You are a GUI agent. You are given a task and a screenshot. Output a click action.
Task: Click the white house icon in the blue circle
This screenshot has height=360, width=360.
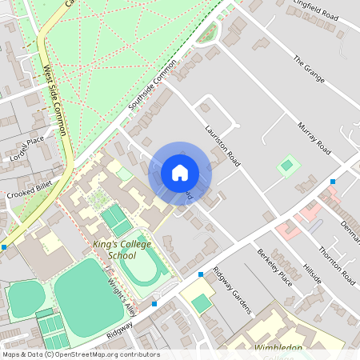180,173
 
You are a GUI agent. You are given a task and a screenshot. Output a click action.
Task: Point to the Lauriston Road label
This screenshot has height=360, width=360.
222,145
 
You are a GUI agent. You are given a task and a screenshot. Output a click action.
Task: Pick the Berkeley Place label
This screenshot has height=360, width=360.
274,266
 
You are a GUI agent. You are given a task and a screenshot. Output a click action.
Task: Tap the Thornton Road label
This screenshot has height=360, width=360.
337,266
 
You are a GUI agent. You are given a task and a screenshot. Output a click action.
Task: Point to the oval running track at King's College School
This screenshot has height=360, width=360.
144,269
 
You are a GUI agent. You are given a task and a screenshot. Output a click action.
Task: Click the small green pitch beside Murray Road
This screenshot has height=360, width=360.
286,166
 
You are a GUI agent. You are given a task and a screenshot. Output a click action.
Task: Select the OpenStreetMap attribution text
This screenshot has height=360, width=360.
80,354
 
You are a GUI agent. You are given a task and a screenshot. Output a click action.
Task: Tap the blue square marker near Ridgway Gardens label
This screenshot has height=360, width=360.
200,274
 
